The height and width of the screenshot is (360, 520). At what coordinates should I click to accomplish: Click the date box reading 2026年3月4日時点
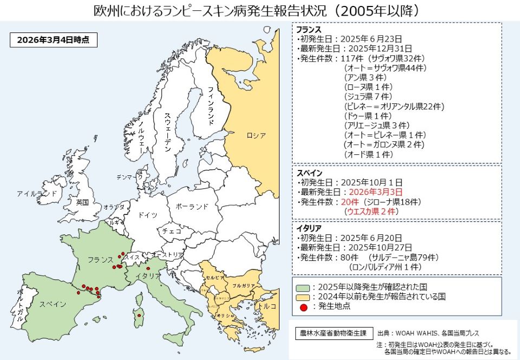click(49, 40)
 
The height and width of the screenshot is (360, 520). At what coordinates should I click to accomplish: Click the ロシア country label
click(256, 135)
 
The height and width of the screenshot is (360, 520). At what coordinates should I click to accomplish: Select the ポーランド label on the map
click(192, 206)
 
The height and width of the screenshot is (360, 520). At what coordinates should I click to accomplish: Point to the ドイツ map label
click(148, 215)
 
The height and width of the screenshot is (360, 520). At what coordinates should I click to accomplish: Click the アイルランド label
click(37, 193)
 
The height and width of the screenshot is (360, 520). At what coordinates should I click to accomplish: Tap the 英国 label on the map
click(82, 202)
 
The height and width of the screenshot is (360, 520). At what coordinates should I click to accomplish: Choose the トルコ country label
click(268, 306)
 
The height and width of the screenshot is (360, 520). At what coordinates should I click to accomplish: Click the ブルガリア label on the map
click(244, 285)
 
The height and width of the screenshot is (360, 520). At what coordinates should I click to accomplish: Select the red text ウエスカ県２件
click(372, 212)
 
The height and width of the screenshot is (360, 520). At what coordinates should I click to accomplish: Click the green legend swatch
click(303, 286)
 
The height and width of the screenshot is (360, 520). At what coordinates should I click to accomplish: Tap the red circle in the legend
click(303, 307)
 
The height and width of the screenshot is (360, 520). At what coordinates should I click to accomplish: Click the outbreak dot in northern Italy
click(148, 268)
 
